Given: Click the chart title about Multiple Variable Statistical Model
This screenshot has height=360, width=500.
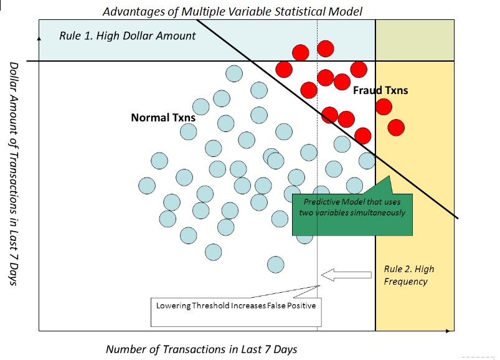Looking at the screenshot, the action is [232, 11].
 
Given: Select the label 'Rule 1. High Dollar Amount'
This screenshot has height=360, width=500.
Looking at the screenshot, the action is [128, 36].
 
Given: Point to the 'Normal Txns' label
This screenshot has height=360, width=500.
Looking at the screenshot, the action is [163, 117].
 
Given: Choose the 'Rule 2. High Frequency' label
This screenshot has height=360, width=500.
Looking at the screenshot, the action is [409, 275].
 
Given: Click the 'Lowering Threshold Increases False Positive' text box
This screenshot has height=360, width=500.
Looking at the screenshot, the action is [236, 306].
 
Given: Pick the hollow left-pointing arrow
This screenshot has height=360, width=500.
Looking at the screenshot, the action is [344, 273].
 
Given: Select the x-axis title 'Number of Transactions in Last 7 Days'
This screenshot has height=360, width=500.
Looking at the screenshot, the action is [201, 349].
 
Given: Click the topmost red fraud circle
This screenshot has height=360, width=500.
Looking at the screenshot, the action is [325, 49].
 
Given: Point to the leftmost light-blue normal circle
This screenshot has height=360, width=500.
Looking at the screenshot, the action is [147, 185].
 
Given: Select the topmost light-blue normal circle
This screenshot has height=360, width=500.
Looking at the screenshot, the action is [233, 73].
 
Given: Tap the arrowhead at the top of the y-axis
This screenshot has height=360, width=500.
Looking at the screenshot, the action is [40, 38].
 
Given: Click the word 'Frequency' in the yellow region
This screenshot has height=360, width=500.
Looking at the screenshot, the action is [406, 282].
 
